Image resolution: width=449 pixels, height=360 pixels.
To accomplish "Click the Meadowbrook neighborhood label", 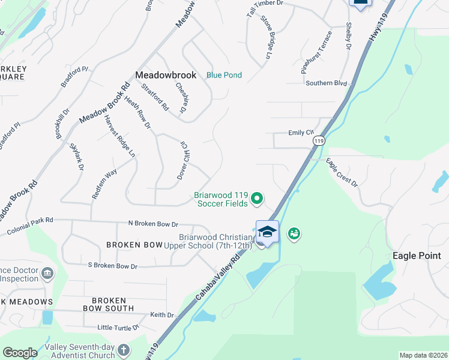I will pos(166,75).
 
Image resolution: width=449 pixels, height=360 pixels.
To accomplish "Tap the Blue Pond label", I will pos(224,75).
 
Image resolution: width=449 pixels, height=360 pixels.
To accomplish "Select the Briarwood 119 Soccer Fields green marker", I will pos(257,197).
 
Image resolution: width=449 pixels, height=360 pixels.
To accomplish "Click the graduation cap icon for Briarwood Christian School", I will pos(267,232).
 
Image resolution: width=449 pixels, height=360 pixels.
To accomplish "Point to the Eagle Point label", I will pos(417,256).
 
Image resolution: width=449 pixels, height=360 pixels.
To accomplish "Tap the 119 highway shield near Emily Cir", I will pos(318,140).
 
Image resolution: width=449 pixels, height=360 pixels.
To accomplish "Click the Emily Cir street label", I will pos(301,133).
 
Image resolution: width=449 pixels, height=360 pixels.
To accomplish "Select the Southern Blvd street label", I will pos(327,83).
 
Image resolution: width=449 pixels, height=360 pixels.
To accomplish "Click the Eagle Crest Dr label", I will pos(342,172).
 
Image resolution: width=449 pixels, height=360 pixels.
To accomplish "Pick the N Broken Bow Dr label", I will pos(153,223).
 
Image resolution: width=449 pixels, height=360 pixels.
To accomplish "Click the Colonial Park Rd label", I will pos(30,226).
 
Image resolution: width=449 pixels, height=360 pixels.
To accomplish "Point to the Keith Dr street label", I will pos(162,314).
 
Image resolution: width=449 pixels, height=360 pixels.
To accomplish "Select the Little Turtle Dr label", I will pos(118,328).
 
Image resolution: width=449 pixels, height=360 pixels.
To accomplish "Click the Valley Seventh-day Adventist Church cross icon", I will pos(123,349).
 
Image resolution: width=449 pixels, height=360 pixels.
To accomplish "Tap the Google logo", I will pos(20,353).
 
